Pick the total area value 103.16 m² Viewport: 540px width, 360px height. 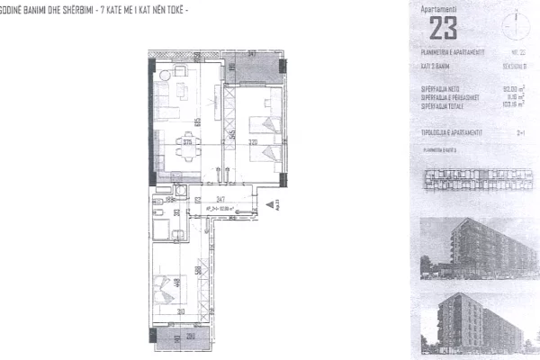pyautogui.click(x=511, y=104)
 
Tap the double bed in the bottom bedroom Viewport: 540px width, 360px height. pyautogui.click(x=172, y=289)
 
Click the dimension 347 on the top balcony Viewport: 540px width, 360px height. pyautogui.click(x=253, y=56)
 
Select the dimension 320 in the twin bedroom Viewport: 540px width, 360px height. pyautogui.click(x=254, y=141)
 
